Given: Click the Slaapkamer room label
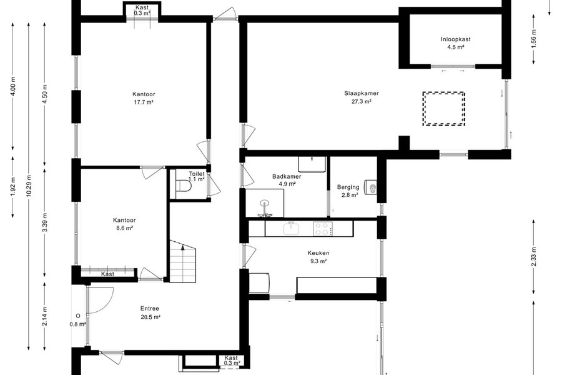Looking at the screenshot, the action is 362,93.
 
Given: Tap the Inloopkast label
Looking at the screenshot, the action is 456,39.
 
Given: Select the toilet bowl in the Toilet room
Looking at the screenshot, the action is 184,186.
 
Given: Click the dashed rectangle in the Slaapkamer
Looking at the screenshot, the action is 444,109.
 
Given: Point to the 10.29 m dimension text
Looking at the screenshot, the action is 29,185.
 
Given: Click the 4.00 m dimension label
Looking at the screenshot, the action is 13,86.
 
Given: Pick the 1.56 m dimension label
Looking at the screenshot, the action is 534,37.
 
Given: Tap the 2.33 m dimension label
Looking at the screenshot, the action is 534,257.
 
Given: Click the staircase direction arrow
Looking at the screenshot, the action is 183,247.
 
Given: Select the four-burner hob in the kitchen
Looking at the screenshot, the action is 323,229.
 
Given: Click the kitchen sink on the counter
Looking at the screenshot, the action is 291,229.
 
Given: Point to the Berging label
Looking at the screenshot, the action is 348,187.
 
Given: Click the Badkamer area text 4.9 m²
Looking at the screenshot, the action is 287,184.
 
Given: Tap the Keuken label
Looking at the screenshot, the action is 318,253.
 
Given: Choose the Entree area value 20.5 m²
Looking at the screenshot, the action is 150,317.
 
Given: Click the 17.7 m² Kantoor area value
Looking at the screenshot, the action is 144,102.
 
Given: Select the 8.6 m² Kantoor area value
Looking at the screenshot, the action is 124,228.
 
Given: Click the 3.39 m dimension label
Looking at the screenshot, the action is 45,222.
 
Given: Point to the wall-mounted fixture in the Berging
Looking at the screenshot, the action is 370,187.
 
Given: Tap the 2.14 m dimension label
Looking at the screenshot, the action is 45,316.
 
